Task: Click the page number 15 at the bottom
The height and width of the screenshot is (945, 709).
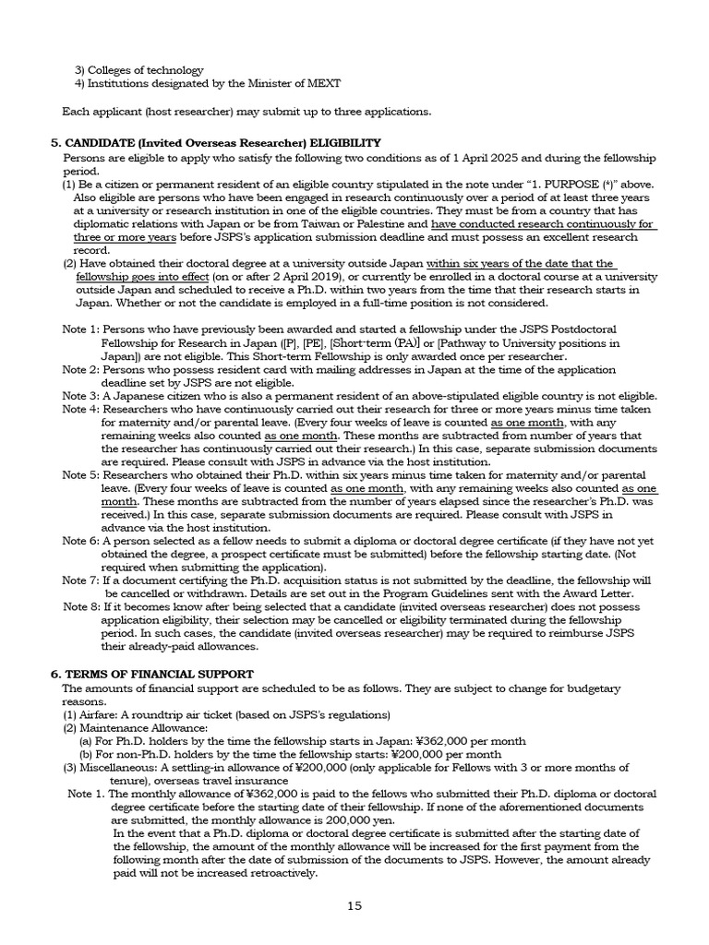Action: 354,905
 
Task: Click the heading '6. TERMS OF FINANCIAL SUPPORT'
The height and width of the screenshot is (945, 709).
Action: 151,675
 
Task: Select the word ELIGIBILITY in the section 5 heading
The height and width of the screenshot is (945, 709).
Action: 343,142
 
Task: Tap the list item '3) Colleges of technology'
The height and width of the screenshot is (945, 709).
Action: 138,70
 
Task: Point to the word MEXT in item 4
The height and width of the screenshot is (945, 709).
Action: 322,83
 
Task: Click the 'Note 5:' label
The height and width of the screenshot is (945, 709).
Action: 80,474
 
